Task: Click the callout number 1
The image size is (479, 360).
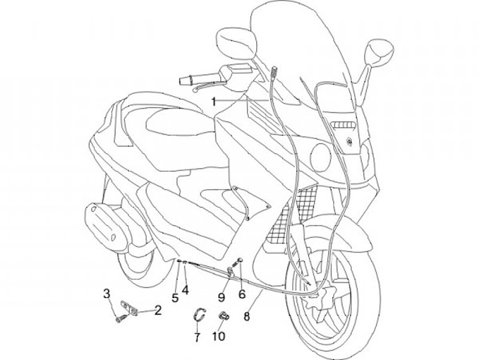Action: point(214,101)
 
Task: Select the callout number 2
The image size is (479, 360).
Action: point(158,309)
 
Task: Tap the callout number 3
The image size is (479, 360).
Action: point(106,293)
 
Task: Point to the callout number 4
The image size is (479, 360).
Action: point(186,290)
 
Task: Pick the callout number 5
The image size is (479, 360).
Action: point(175,297)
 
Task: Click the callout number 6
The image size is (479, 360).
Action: point(241,293)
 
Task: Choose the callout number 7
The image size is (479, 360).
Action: point(197,337)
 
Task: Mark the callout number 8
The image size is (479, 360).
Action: point(247,317)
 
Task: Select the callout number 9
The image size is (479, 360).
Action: point(222,297)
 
